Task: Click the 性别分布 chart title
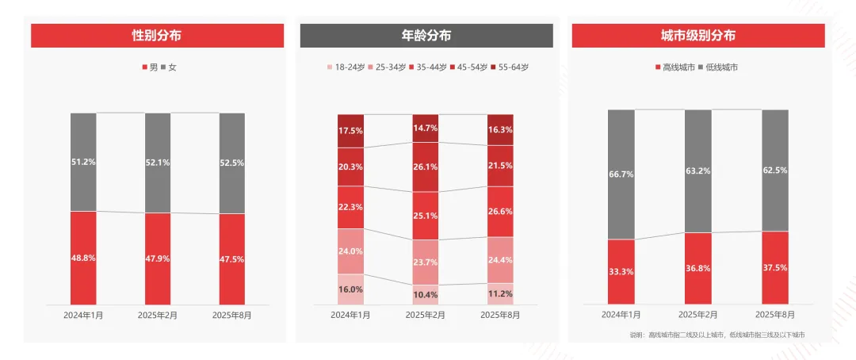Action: (x=157, y=36)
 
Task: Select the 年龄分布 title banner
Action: (x=426, y=36)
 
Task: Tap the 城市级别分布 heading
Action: (x=697, y=36)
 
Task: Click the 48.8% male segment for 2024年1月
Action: (x=83, y=258)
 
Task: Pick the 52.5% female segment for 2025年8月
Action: (x=232, y=163)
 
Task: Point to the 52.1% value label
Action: (x=158, y=163)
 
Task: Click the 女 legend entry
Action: (x=168, y=67)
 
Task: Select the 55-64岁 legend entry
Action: (x=509, y=67)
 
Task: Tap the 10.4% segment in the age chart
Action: (x=426, y=294)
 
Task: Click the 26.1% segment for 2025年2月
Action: (x=426, y=167)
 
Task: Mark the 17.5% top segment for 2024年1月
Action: (x=350, y=130)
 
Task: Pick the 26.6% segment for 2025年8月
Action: (x=500, y=211)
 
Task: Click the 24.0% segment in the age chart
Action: (x=350, y=251)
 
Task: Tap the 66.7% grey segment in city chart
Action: (x=621, y=174)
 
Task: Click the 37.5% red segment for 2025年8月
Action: (x=775, y=268)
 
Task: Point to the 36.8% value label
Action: (x=698, y=269)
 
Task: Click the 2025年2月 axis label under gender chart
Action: (x=158, y=315)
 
